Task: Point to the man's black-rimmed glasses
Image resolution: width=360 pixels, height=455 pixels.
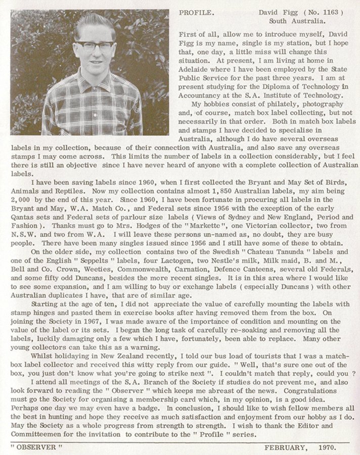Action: click(x=95, y=47)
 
